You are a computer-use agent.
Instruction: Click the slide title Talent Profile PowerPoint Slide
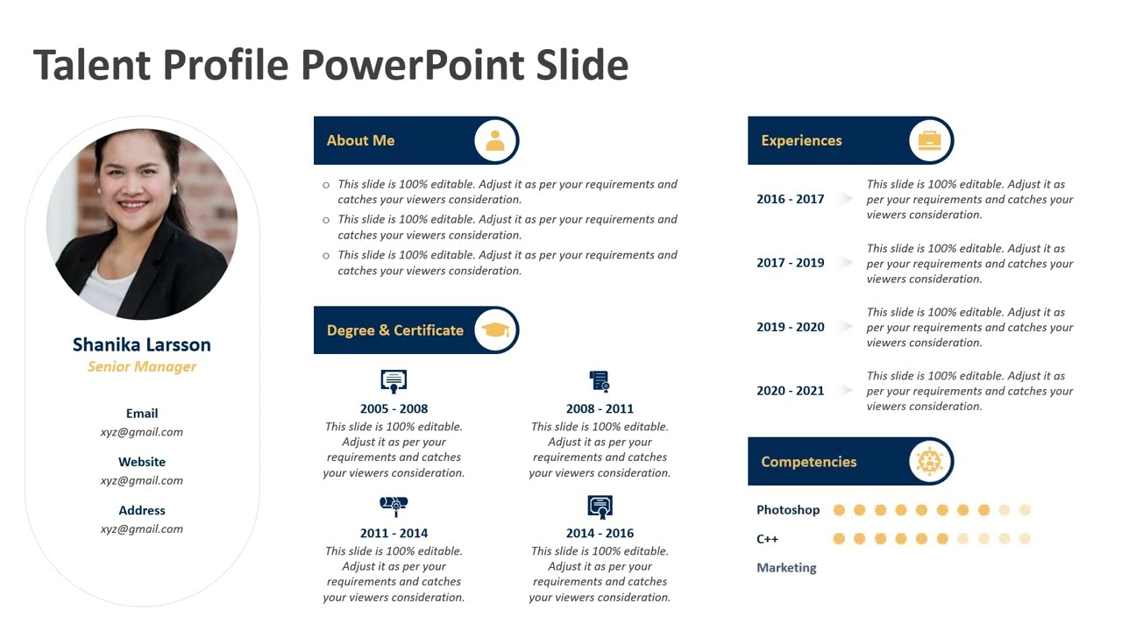pyautogui.click(x=330, y=66)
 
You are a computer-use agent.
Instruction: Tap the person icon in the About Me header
pyautogui.click(x=495, y=140)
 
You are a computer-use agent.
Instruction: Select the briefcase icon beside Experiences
pyautogui.click(x=929, y=140)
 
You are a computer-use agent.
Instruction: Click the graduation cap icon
pyautogui.click(x=495, y=330)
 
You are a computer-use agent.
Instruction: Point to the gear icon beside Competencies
pyautogui.click(x=929, y=461)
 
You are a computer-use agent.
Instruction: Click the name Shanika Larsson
pyautogui.click(x=141, y=344)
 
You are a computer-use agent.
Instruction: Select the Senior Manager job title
pyautogui.click(x=141, y=366)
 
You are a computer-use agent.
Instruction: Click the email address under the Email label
pyautogui.click(x=141, y=431)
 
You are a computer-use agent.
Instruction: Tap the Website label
pyautogui.click(x=141, y=462)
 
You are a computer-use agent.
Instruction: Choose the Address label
pyautogui.click(x=141, y=510)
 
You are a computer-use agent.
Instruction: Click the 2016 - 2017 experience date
pyautogui.click(x=790, y=199)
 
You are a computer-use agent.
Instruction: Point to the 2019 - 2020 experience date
pyautogui.click(x=790, y=327)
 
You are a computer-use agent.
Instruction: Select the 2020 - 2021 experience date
pyautogui.click(x=790, y=391)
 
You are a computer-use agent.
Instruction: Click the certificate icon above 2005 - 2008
pyautogui.click(x=394, y=381)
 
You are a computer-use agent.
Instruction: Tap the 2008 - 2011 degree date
pyautogui.click(x=600, y=408)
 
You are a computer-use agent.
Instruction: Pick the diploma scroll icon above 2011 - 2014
pyautogui.click(x=394, y=506)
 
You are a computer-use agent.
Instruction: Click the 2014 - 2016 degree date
pyautogui.click(x=600, y=533)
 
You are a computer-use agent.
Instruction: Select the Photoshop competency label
pyautogui.click(x=788, y=510)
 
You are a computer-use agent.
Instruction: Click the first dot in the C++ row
pyautogui.click(x=839, y=539)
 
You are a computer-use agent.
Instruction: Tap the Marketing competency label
pyautogui.click(x=786, y=568)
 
